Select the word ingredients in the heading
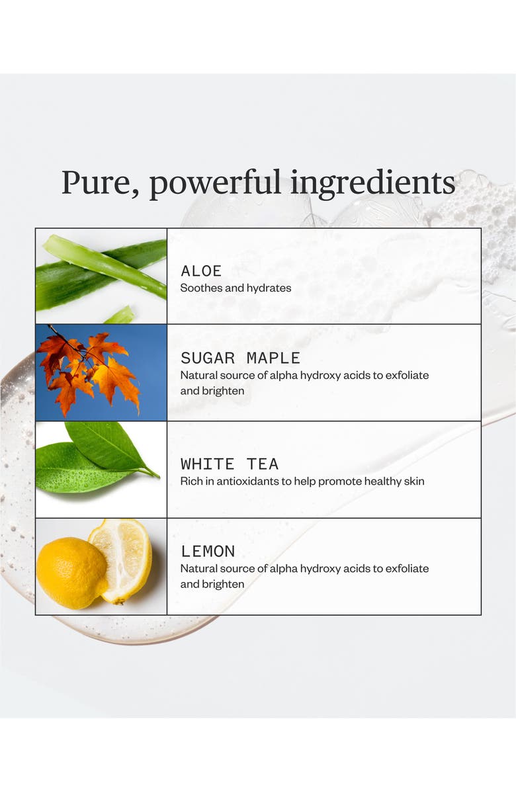pos(372,184)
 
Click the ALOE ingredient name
pos(201,271)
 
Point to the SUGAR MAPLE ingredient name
pos(240,358)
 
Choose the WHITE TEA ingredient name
pos(230,464)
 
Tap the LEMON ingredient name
pos(208,551)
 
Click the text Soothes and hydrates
pos(236,288)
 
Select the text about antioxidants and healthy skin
pos(302,481)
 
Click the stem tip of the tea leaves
pos(158,476)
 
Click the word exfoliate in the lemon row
pos(407,569)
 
